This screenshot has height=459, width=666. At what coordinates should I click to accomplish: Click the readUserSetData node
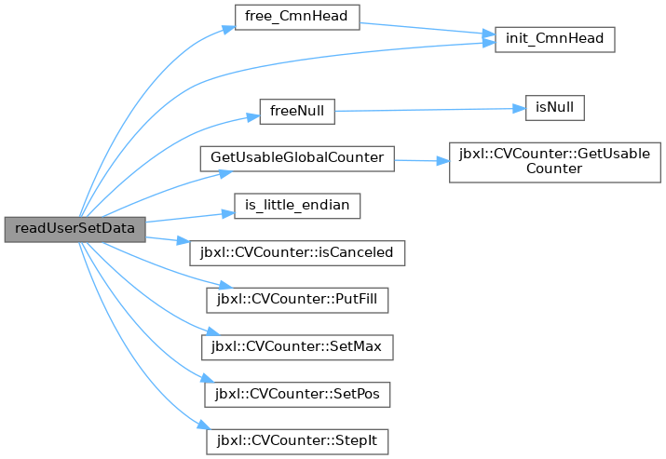click(75, 230)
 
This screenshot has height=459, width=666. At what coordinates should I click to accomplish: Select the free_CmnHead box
click(297, 18)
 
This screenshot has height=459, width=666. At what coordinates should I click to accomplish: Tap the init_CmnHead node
click(555, 40)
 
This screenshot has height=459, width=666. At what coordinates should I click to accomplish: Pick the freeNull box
click(297, 112)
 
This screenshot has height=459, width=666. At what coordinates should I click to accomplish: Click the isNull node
click(555, 108)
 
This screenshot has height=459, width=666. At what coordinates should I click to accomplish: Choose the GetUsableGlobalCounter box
click(297, 159)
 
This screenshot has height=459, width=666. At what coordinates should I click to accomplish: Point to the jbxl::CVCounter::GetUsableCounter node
click(555, 163)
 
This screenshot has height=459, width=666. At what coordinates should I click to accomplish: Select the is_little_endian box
click(297, 206)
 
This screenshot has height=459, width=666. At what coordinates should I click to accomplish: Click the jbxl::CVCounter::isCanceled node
click(297, 253)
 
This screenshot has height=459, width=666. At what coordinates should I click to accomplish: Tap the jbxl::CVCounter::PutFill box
click(297, 300)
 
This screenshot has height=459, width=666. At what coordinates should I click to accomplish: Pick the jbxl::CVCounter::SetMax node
click(297, 347)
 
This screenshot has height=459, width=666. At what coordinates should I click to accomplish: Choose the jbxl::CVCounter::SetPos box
click(297, 395)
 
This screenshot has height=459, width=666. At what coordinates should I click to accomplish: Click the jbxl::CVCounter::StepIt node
click(297, 441)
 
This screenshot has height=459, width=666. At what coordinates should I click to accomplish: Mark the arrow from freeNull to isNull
click(430, 110)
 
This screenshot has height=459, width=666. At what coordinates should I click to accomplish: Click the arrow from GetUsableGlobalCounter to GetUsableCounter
click(422, 161)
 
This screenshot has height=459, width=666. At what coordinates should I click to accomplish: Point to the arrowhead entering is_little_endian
click(228, 214)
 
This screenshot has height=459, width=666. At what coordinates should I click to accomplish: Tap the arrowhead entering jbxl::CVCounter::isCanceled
click(183, 241)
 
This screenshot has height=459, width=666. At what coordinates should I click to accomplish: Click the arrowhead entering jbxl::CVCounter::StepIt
click(204, 425)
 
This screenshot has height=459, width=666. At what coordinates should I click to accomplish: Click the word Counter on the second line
click(554, 169)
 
